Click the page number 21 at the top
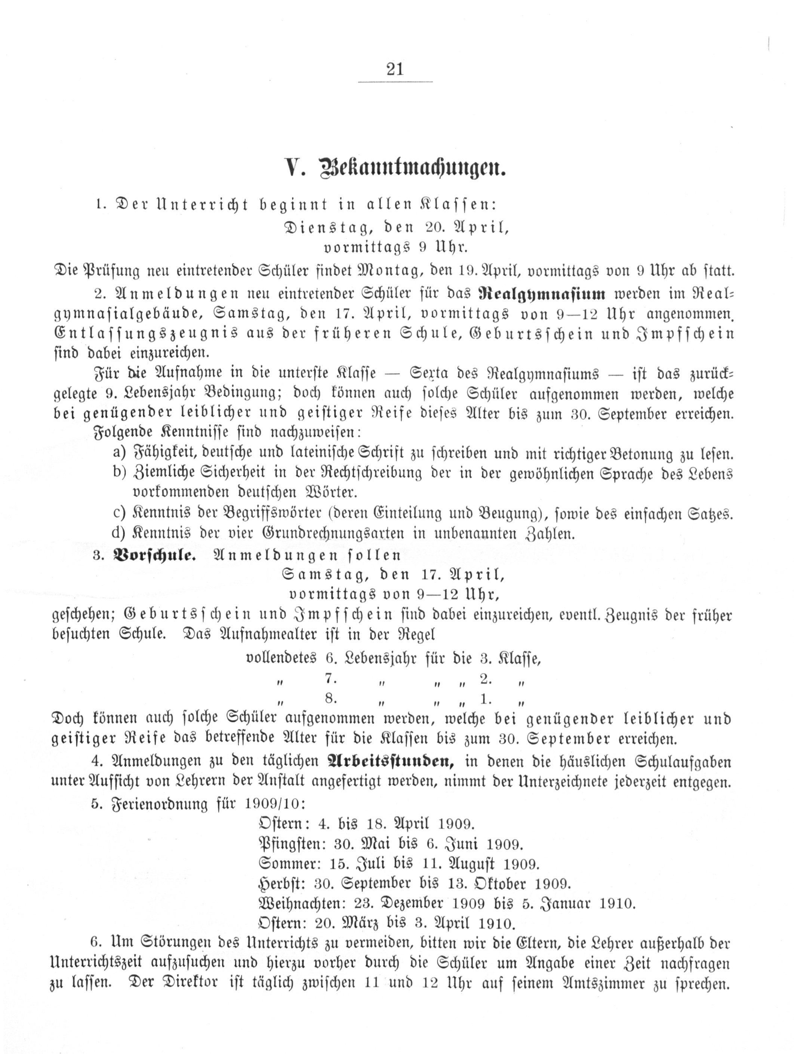point(395,70)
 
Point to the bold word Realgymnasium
point(542,293)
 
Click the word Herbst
point(281,884)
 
